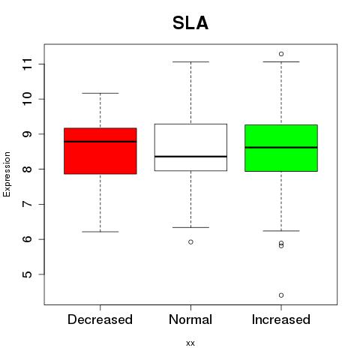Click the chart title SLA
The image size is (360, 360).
point(190,23)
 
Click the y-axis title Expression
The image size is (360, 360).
point(7,174)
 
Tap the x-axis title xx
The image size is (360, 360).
point(190,343)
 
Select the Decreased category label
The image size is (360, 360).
point(100,319)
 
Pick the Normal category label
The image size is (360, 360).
point(190,319)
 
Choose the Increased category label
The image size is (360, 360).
point(281,319)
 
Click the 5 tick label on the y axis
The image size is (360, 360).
point(28,274)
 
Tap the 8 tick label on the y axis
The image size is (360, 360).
point(28,169)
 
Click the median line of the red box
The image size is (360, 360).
point(100,142)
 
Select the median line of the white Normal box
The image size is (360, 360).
point(190,157)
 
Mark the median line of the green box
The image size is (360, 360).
point(281,148)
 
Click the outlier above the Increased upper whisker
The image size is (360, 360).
point(281,54)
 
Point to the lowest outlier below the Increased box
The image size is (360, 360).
point(281,295)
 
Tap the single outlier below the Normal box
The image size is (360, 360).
point(190,242)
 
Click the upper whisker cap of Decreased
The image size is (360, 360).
point(100,93)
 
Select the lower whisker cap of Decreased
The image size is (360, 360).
point(100,232)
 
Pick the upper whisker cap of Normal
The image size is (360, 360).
point(190,61)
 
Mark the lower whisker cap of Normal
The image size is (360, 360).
point(190,227)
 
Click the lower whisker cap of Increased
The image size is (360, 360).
point(281,231)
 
